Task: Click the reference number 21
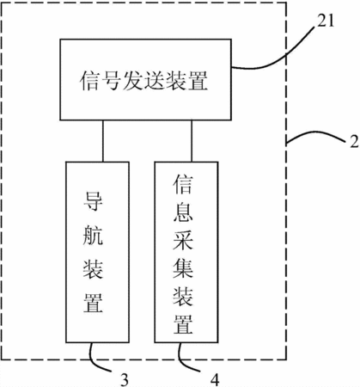click(x=326, y=21)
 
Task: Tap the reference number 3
click(x=125, y=379)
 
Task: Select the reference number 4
click(x=215, y=379)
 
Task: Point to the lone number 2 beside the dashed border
click(x=355, y=141)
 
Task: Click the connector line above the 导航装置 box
click(x=103, y=141)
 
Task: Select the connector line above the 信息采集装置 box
click(x=192, y=141)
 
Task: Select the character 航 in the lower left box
click(x=93, y=235)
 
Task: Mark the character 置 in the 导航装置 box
click(x=93, y=302)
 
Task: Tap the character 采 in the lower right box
click(x=183, y=240)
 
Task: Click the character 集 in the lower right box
click(x=183, y=268)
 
